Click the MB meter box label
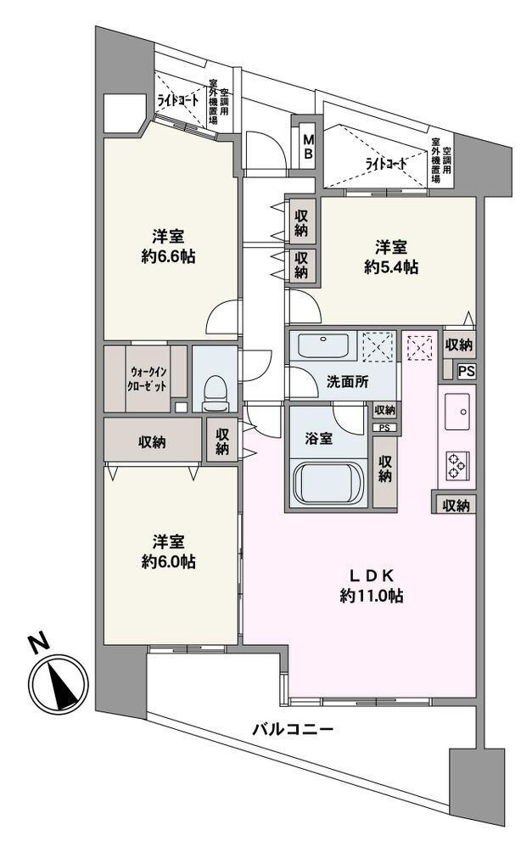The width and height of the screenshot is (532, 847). pyautogui.click(x=308, y=146)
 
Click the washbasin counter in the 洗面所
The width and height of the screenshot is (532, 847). pyautogui.click(x=322, y=345)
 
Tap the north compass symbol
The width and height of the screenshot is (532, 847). pyautogui.click(x=58, y=683)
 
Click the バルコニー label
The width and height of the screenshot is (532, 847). pyautogui.click(x=293, y=729)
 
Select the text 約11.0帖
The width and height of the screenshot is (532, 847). pyautogui.click(x=371, y=595)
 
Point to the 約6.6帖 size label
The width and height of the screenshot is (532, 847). pyautogui.click(x=168, y=257)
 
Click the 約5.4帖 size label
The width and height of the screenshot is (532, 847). pyautogui.click(x=390, y=266)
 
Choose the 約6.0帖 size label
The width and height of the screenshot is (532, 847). pyautogui.click(x=168, y=561)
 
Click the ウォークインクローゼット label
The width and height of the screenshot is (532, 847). pyautogui.click(x=148, y=379)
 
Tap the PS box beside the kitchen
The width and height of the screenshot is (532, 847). pyautogui.click(x=467, y=372)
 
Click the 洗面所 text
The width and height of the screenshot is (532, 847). pyautogui.click(x=347, y=381)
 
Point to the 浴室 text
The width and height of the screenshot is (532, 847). pyautogui.click(x=319, y=438)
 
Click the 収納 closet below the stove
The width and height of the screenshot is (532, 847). pyautogui.click(x=456, y=506)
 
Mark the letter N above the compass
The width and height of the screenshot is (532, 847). pyautogui.click(x=38, y=643)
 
